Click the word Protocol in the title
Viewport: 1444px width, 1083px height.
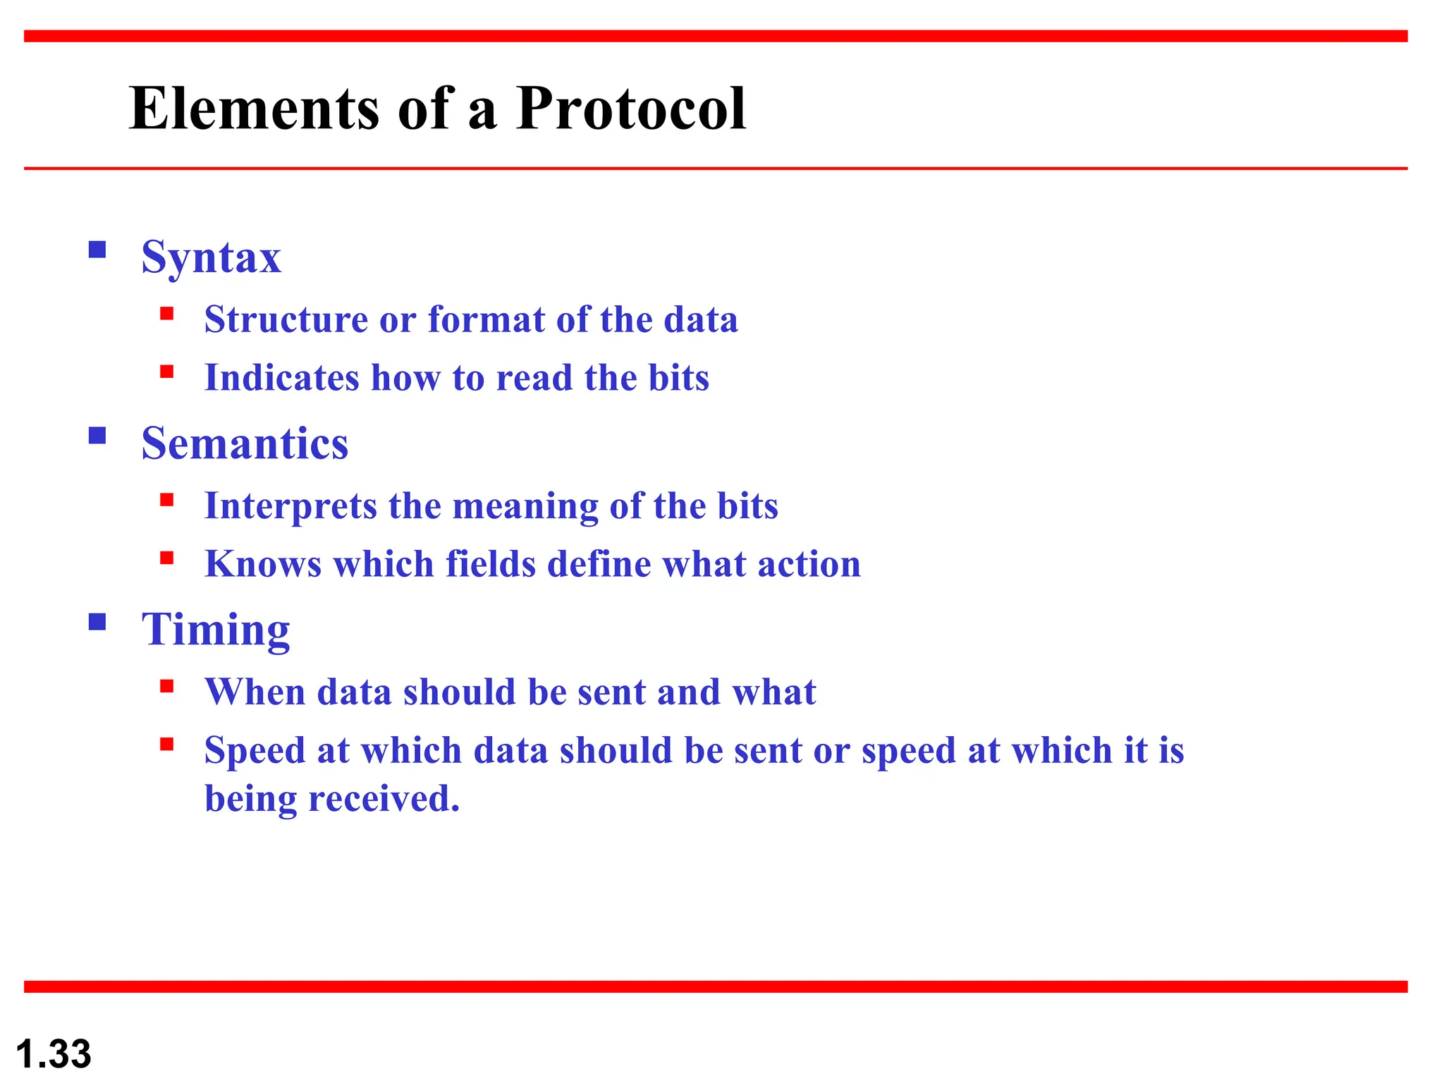pos(630,109)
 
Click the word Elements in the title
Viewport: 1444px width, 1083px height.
pos(255,109)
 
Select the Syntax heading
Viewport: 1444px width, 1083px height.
pos(211,258)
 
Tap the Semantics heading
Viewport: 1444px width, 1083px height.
pos(245,443)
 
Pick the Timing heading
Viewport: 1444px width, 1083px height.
pos(216,630)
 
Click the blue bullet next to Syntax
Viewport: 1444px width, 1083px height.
pos(97,250)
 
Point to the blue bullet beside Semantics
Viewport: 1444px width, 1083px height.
pos(97,436)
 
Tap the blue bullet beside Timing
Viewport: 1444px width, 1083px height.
pos(97,622)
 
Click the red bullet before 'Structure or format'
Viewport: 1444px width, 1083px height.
pos(166,314)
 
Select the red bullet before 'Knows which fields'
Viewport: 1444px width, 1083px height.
pos(166,558)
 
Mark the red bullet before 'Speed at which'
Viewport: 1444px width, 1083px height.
pos(166,745)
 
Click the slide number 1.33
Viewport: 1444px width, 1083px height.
pos(54,1054)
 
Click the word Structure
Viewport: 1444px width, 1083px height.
pos(286,319)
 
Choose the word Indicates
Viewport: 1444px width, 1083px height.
pos(281,378)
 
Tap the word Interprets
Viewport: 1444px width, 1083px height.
pos(290,507)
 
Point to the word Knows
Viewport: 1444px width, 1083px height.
pos(263,564)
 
